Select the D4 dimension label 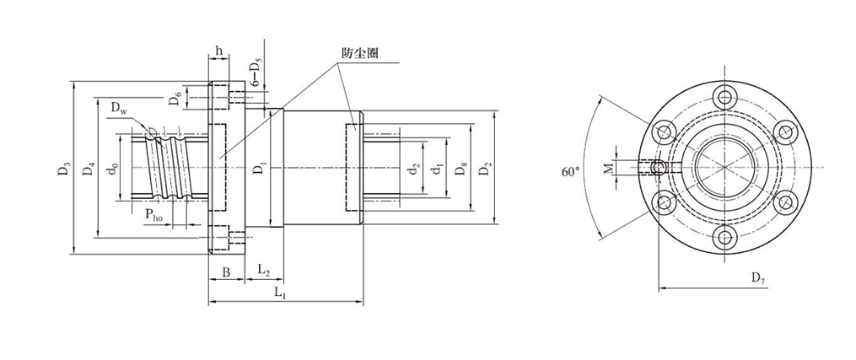coord(87,169)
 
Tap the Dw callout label coord(119,108)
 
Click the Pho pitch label coord(153,216)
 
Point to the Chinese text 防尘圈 coord(358,52)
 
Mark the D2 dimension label coord(483,169)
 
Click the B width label coord(226,271)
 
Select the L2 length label coord(263,271)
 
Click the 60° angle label coord(571,171)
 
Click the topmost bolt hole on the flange coord(724,97)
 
